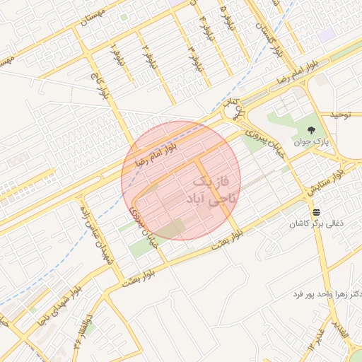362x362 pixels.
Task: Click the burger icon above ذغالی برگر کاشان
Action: (x=315, y=211)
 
